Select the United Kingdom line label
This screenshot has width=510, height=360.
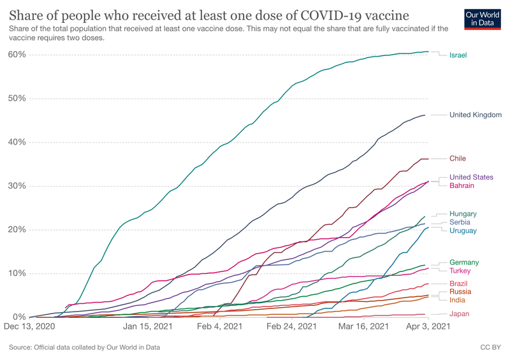point(475,115)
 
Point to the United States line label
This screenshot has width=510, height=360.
point(471,177)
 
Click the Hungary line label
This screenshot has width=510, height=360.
point(463,214)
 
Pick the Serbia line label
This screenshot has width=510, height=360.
point(460,222)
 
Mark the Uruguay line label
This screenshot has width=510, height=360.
point(463,231)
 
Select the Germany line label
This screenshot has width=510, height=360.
point(464,263)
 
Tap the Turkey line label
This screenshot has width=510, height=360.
point(461,271)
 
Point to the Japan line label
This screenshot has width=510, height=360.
point(460,313)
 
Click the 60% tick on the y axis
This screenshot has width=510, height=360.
point(17,55)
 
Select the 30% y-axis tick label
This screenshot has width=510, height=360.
point(17,186)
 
